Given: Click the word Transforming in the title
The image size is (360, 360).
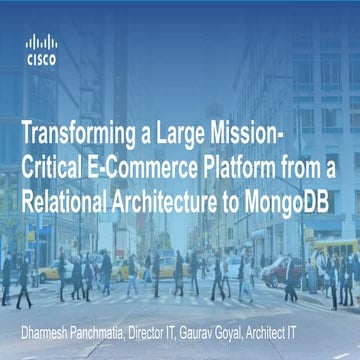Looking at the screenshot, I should tap(78, 131).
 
